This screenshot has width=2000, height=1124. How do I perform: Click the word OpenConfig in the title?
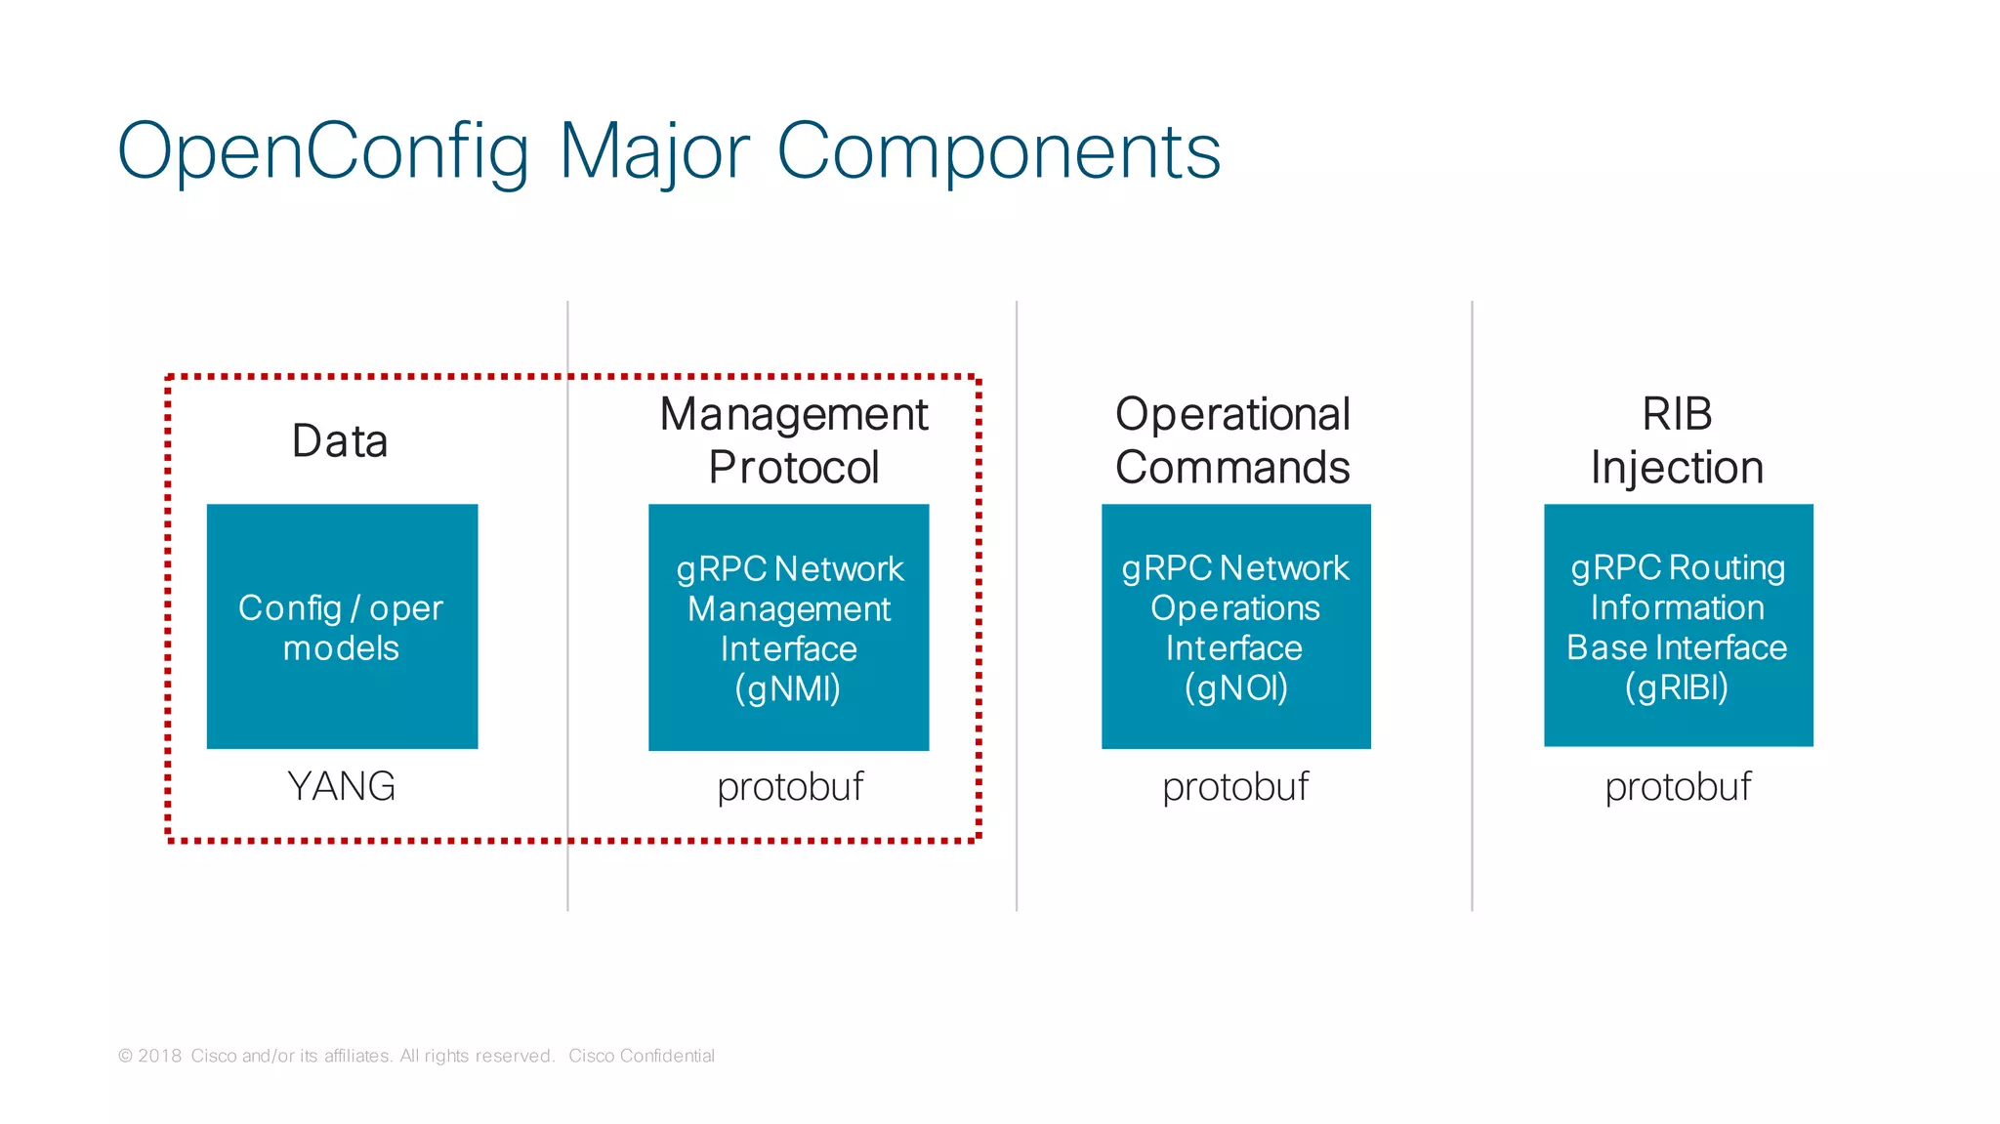(x=322, y=151)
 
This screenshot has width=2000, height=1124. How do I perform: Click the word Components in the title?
(x=998, y=151)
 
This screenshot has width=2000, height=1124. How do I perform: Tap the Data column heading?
(x=340, y=440)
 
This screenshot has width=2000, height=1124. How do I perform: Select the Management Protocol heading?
(x=793, y=440)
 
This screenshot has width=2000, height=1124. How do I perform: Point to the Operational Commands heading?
(x=1232, y=440)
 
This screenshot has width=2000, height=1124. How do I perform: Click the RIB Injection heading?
(x=1677, y=440)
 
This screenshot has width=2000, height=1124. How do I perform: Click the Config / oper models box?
(x=342, y=627)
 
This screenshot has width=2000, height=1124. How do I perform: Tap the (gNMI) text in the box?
(x=787, y=688)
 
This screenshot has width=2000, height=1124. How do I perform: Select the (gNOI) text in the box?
(x=1235, y=687)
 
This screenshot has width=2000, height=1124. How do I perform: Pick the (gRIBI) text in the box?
(x=1677, y=687)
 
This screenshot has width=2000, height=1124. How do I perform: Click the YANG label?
(x=342, y=786)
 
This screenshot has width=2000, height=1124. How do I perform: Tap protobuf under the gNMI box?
(x=790, y=787)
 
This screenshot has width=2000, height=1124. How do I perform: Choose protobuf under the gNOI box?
(x=1235, y=787)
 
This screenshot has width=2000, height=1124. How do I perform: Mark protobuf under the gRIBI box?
(x=1678, y=787)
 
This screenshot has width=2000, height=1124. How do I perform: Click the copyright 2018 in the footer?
(x=150, y=1056)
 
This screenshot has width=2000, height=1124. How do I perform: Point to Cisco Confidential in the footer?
(x=642, y=1056)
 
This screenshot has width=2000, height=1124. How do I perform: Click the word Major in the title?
(x=654, y=151)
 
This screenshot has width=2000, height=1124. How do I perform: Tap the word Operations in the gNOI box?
(x=1235, y=608)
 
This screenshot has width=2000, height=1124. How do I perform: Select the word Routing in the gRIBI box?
(x=1727, y=567)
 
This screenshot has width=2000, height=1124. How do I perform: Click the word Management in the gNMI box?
(x=789, y=609)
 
